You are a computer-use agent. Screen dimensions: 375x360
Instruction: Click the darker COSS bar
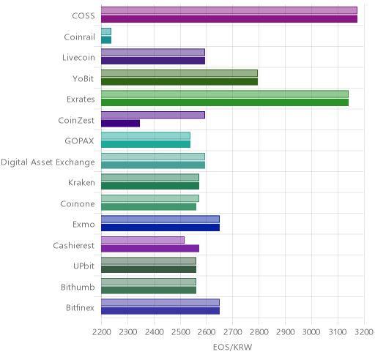click(229, 19)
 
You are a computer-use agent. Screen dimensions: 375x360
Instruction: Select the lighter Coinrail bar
click(106, 31)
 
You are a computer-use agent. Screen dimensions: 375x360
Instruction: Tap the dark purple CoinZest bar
click(121, 124)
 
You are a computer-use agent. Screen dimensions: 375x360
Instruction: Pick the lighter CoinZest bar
click(153, 115)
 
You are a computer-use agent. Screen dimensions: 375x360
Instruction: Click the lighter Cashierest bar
click(143, 240)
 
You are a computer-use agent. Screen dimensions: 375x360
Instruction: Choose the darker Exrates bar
click(225, 102)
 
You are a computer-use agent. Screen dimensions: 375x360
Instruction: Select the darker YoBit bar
click(179, 82)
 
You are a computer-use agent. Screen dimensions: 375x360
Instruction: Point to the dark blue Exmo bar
click(160, 228)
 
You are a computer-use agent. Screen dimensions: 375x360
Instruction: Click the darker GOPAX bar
click(146, 144)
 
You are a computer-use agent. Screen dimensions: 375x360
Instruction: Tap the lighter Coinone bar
click(150, 198)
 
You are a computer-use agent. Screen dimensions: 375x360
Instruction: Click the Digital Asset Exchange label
click(48, 162)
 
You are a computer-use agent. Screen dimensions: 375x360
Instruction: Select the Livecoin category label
click(78, 58)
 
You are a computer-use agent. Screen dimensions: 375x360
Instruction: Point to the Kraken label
click(81, 183)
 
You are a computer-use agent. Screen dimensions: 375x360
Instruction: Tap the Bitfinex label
click(80, 308)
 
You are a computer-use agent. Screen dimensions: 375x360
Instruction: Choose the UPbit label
click(83, 266)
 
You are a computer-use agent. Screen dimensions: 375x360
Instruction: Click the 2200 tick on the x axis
click(101, 332)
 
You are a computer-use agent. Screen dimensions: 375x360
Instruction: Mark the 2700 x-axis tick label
click(233, 332)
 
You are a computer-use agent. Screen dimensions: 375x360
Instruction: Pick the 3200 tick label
click(364, 332)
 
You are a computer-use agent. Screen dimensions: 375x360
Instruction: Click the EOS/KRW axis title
click(232, 347)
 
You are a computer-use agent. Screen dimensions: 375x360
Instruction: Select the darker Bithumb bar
click(149, 290)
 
